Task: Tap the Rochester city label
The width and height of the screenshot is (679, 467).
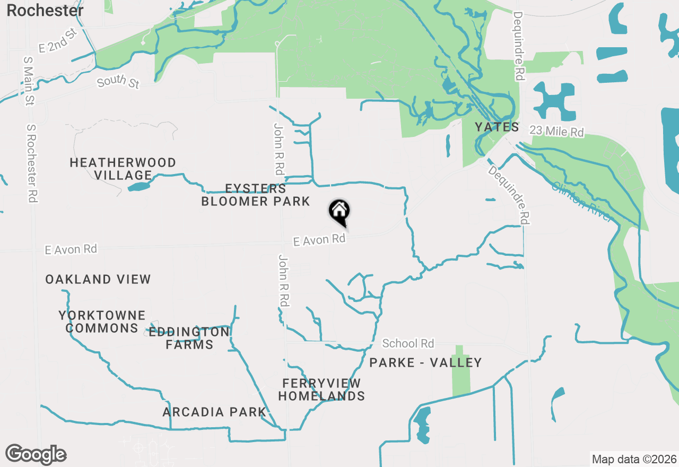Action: pyautogui.click(x=45, y=10)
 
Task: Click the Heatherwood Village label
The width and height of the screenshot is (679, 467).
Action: pyautogui.click(x=123, y=169)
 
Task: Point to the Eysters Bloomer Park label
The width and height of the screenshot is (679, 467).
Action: pyautogui.click(x=256, y=195)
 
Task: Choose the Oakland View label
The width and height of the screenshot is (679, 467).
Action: pyautogui.click(x=98, y=279)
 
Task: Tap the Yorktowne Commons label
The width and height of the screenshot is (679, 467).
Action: pyautogui.click(x=102, y=322)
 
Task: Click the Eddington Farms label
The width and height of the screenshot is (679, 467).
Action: pyautogui.click(x=189, y=338)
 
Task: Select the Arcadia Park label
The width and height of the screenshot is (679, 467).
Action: pyautogui.click(x=214, y=412)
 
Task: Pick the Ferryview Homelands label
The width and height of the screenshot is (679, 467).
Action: pyautogui.click(x=321, y=390)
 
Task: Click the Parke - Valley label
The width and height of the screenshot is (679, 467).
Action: pyautogui.click(x=425, y=362)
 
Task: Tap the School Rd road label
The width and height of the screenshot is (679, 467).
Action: pyautogui.click(x=408, y=343)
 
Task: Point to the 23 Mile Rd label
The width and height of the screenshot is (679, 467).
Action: pyautogui.click(x=556, y=131)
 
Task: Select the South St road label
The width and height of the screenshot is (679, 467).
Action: pyautogui.click(x=118, y=82)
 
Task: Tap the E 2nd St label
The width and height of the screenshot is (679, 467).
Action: pyautogui.click(x=58, y=41)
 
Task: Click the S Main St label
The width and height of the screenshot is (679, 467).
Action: pyautogui.click(x=29, y=79)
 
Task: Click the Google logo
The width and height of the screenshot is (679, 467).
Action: pyautogui.click(x=36, y=455)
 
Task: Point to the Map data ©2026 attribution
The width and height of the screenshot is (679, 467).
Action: pyautogui.click(x=634, y=459)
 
